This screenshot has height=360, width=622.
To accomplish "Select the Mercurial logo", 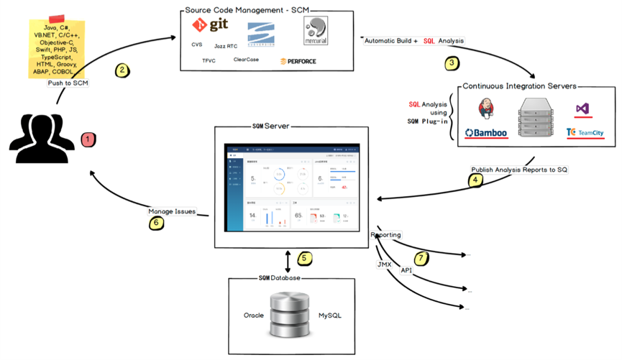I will (x=316, y=31).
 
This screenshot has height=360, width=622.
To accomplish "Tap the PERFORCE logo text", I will (x=298, y=61).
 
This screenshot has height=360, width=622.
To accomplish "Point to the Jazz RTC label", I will (x=226, y=45).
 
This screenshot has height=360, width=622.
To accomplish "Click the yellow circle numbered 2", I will (x=122, y=70).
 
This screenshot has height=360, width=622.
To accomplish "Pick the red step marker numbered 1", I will (x=87, y=138).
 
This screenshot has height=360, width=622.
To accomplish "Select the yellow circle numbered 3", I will (x=452, y=63).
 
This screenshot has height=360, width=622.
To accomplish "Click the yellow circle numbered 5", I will (x=304, y=257).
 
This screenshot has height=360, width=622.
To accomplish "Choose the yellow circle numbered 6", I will (x=155, y=223).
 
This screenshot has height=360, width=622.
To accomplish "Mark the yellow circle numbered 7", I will (x=422, y=257).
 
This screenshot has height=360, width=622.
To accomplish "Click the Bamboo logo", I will (x=486, y=133).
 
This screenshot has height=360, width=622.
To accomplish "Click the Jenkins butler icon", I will (x=486, y=109).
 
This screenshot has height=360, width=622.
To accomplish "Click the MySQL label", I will (x=330, y=315).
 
